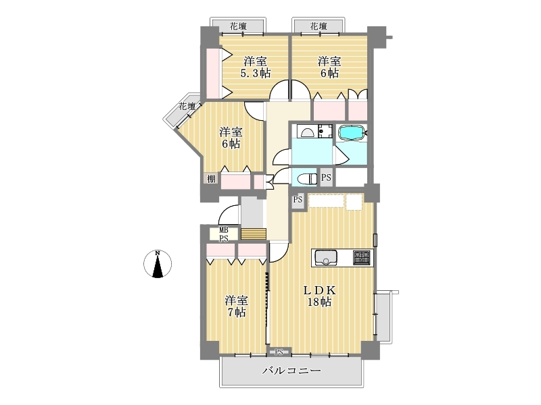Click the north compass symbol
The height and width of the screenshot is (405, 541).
pyautogui.click(x=158, y=264)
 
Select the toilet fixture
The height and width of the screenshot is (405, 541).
pyautogui.click(x=307, y=179)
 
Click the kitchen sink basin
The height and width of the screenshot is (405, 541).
pyautogui.click(x=325, y=258)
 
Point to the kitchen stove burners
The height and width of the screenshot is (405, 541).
pyautogui.click(x=362, y=258)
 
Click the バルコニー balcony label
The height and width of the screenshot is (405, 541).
pyautogui.click(x=291, y=371)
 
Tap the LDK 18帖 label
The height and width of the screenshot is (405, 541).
pyautogui.click(x=319, y=296)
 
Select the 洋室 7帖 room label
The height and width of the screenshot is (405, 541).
pyautogui.click(x=236, y=306)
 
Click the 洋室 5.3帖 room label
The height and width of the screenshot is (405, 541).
pyautogui.click(x=256, y=67)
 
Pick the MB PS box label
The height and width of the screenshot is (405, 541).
pyautogui.click(x=224, y=234)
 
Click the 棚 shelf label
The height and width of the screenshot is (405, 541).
pyautogui.click(x=211, y=179)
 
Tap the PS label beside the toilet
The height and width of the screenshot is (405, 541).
pyautogui.click(x=326, y=178)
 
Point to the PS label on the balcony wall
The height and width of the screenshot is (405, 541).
pyautogui.click(x=279, y=352)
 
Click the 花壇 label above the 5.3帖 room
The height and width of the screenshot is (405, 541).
pyautogui.click(x=239, y=26)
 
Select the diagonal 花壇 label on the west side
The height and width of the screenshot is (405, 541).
pyautogui.click(x=187, y=107)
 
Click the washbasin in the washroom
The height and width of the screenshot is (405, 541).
pyautogui.click(x=306, y=132)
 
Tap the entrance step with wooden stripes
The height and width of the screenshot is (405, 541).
pyautogui.click(x=254, y=234)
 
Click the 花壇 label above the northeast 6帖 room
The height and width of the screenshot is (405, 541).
pyautogui.click(x=319, y=26)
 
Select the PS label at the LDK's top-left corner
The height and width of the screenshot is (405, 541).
pyautogui.click(x=298, y=199)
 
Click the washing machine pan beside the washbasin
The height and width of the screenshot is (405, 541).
pyautogui.click(x=325, y=131)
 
